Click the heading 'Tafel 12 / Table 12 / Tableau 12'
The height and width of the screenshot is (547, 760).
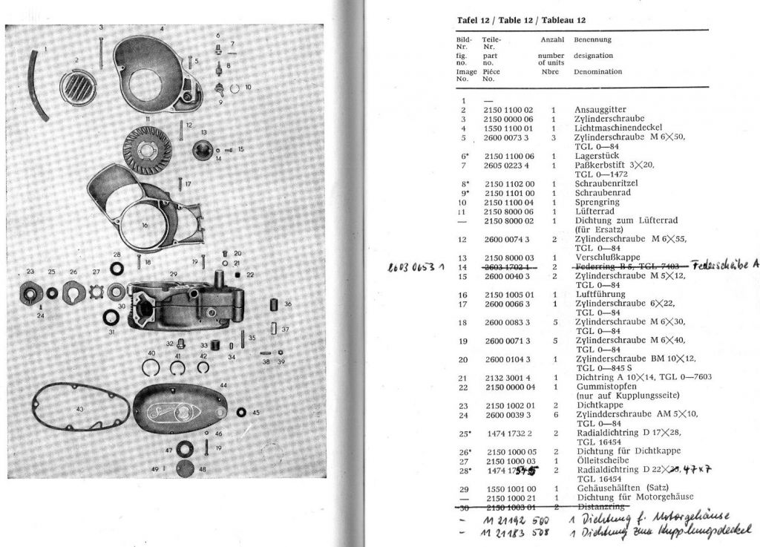[520, 20]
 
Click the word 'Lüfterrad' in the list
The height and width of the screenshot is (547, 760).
[593, 212]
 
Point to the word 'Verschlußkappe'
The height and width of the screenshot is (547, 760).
[603, 257]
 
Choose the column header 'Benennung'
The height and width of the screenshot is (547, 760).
[593, 39]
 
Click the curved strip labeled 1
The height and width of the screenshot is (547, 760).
[33, 83]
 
